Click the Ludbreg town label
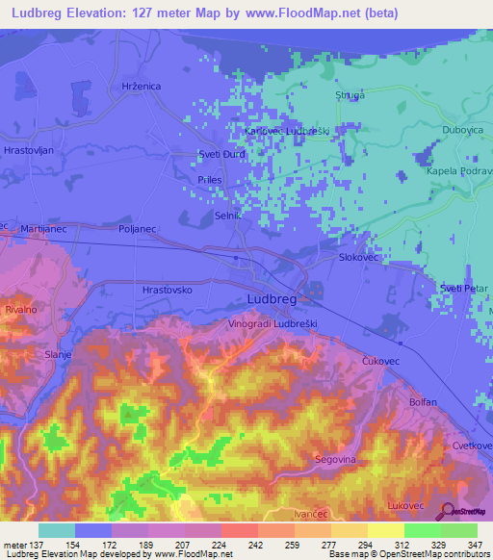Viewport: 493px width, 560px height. [x=271, y=300]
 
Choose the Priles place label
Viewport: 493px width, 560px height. [x=208, y=180]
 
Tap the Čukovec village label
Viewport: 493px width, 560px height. [x=380, y=360]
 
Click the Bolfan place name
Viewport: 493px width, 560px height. [x=423, y=402]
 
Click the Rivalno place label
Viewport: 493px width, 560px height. [x=20, y=310]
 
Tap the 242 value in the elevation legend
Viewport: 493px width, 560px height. [x=238, y=546]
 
